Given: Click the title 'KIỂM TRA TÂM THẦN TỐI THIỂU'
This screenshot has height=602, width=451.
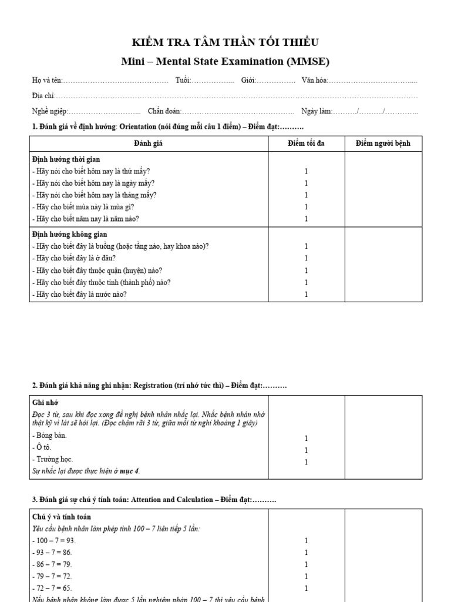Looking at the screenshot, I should (x=225, y=42).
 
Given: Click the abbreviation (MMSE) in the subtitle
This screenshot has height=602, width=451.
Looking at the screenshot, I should (x=307, y=61).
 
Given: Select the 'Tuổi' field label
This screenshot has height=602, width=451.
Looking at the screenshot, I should (x=183, y=81).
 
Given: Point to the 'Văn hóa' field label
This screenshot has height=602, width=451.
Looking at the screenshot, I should (x=314, y=81).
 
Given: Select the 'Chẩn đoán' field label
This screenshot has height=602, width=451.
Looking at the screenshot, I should (x=164, y=111).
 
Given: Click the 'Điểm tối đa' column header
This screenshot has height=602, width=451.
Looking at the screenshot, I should (x=306, y=143).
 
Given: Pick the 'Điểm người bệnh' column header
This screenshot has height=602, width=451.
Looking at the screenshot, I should (x=383, y=143).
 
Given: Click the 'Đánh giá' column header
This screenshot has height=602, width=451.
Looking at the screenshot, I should (x=149, y=143).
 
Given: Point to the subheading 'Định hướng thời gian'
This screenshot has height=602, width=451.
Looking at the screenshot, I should (x=66, y=159).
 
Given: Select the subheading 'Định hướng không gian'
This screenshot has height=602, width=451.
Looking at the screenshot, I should (x=68, y=235).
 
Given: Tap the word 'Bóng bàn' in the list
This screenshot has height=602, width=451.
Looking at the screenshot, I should (x=51, y=436).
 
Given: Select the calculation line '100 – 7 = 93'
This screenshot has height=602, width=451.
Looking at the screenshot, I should (x=54, y=540).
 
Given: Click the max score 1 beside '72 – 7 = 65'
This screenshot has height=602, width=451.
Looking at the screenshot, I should (x=306, y=588).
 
